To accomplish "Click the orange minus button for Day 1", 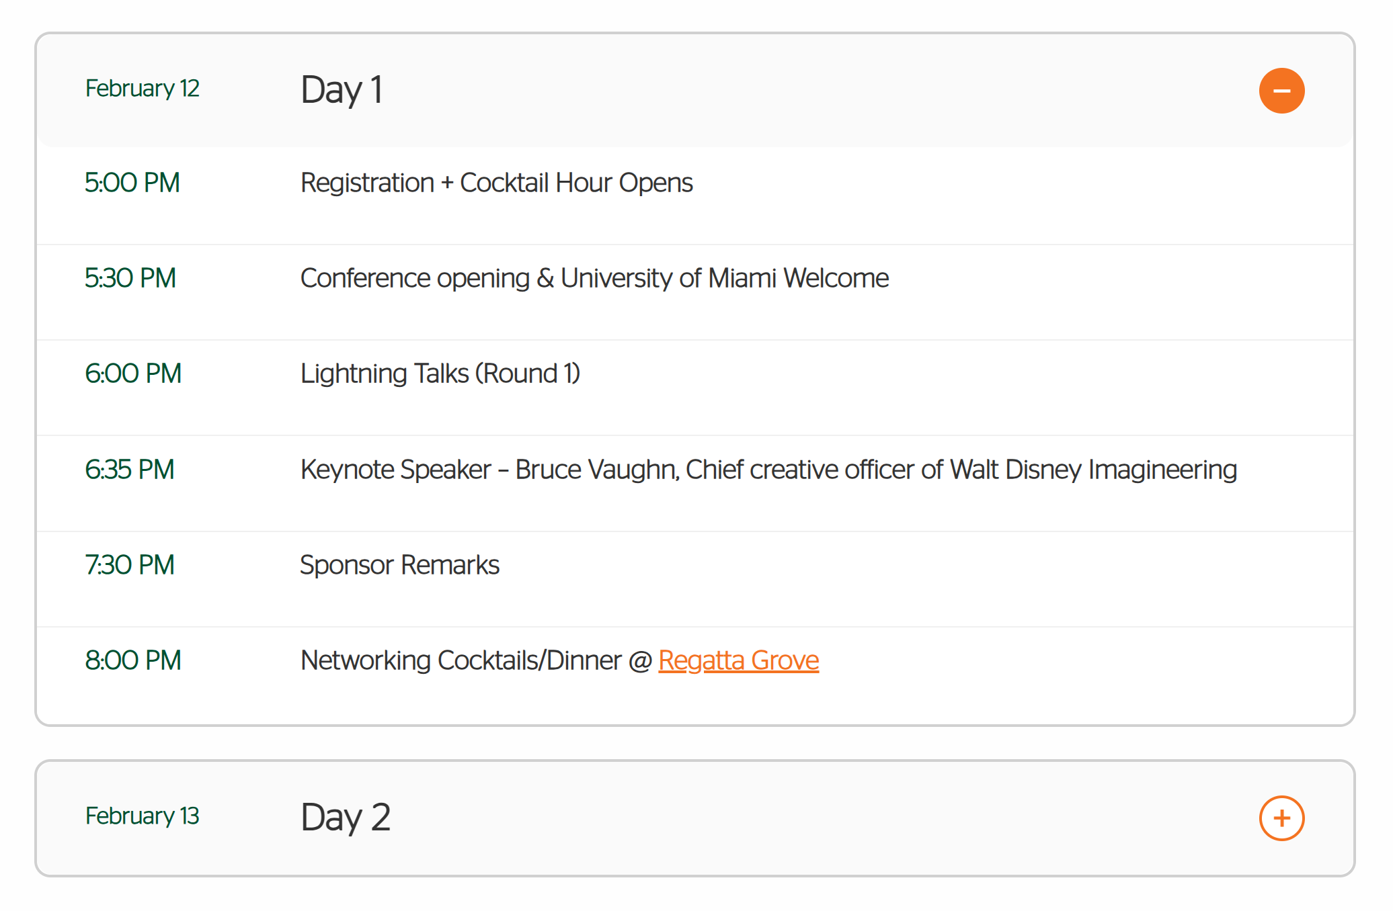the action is (1281, 91).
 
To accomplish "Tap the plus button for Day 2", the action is (1281, 818).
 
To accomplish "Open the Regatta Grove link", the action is (738, 660).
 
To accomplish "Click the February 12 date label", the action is (142, 89).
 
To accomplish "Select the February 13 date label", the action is (142, 816).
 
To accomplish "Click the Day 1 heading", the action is (342, 90).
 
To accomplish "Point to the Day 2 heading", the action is (346, 818).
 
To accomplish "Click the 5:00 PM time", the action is (132, 183).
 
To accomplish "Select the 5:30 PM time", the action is (130, 278).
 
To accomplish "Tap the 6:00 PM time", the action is (133, 374).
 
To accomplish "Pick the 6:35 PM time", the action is (130, 470).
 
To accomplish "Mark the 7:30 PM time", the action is (130, 565).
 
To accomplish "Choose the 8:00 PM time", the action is (133, 660).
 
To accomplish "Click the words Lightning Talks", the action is (385, 374).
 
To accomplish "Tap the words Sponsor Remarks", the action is (399, 566).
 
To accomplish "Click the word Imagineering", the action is (1162, 470).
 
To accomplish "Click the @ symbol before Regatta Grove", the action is (640, 661).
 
